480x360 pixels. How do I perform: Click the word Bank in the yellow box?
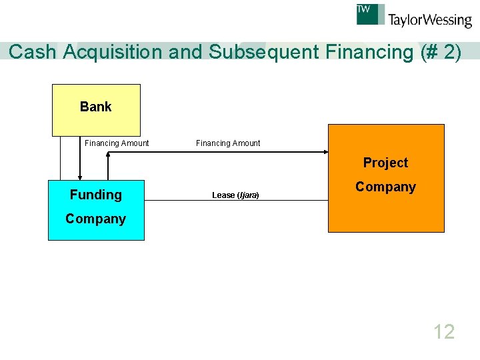[96, 107]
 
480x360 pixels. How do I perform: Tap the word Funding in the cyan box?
[96, 195]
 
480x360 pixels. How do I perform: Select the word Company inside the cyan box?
[96, 219]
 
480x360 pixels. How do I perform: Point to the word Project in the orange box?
[385, 163]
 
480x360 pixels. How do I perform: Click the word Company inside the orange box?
[385, 187]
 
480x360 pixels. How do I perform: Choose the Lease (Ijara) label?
[235, 195]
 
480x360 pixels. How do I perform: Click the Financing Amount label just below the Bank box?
[117, 143]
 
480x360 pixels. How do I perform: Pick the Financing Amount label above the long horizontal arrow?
[228, 143]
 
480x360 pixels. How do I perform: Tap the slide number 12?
[444, 331]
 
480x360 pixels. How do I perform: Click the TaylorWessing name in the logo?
[430, 20]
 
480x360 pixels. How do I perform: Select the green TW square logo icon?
[371, 14]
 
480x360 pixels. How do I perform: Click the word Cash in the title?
[33, 52]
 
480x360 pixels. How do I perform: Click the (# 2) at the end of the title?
[441, 52]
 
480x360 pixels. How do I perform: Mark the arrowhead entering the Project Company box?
[325, 152]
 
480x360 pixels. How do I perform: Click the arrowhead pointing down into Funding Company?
[80, 177]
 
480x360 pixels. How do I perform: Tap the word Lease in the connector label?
[223, 195]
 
